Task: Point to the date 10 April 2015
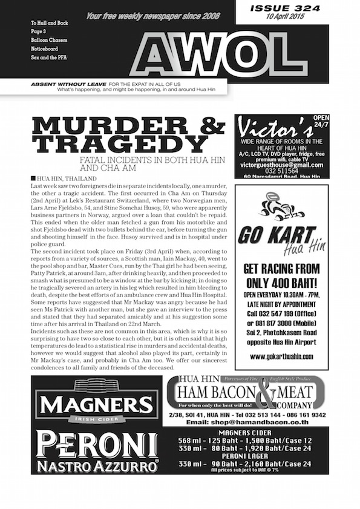[x=281, y=17]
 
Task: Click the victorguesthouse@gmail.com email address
[x=281, y=164]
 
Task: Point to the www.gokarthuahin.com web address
[x=282, y=356]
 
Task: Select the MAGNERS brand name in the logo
[x=96, y=403]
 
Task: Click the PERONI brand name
[x=97, y=445]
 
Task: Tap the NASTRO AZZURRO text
[x=97, y=465]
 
